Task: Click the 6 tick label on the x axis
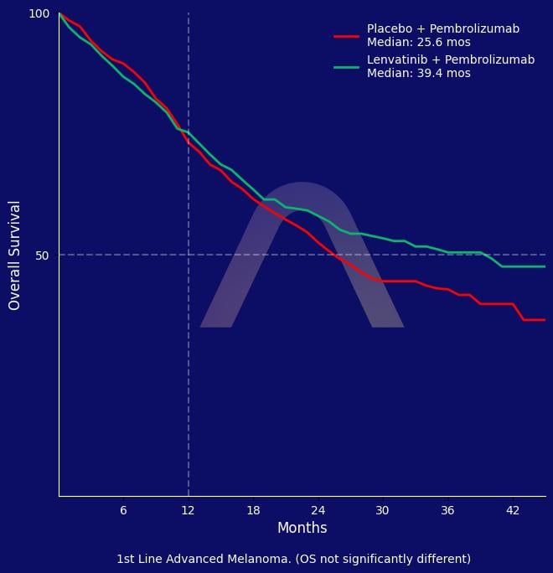[123, 510]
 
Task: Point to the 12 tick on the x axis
[189, 510]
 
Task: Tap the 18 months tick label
[253, 510]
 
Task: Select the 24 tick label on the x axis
[318, 510]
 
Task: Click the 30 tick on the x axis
[382, 510]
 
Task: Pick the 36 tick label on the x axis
[447, 510]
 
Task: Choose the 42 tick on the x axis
[513, 510]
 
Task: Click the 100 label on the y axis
[39, 14]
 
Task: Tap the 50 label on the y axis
[43, 256]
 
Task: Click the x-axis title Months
[302, 529]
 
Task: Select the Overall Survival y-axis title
[15, 256]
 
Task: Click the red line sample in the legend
[346, 36]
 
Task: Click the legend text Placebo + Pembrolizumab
[442, 29]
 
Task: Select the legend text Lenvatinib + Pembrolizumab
[450, 60]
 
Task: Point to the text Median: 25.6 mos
[418, 42]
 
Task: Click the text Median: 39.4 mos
[418, 74]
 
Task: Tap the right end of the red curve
[545, 320]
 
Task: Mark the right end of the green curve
[545, 266]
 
